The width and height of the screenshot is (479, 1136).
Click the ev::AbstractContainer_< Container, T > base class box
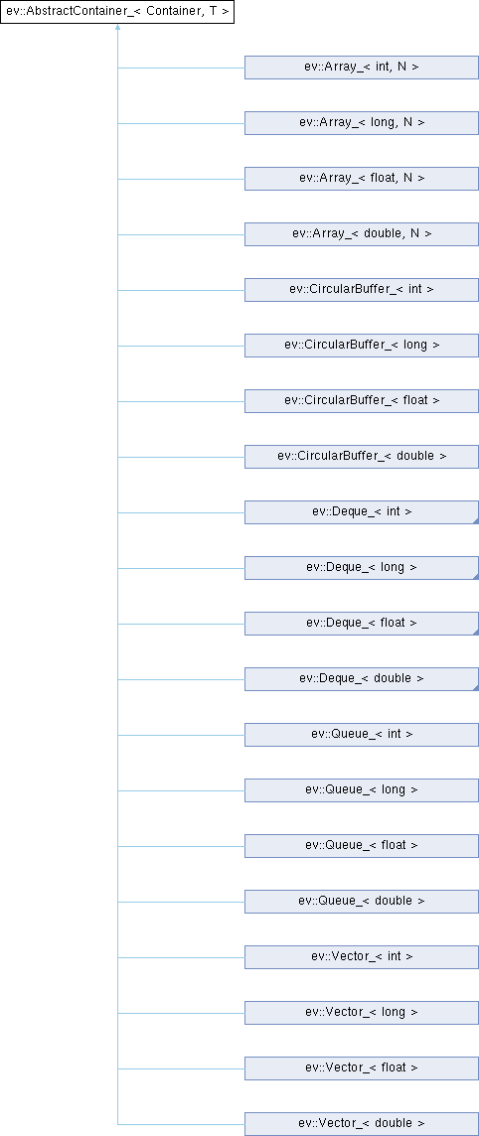tap(117, 12)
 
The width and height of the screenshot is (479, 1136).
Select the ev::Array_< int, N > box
tap(362, 68)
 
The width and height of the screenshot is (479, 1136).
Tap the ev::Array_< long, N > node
tap(362, 123)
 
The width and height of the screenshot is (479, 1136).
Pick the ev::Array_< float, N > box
tap(362, 179)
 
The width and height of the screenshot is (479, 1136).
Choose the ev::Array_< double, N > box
tap(362, 234)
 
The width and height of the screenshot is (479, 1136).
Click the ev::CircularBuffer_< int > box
tap(362, 290)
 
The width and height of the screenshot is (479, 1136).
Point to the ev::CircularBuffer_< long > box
tap(362, 346)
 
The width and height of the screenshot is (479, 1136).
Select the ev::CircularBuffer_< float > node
tap(362, 401)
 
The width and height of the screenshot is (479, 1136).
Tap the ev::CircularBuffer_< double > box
tap(362, 457)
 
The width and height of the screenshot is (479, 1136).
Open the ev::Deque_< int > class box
tap(362, 512)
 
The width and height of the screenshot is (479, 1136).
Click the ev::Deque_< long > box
tap(362, 568)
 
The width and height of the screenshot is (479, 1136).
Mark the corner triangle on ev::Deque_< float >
tap(475, 632)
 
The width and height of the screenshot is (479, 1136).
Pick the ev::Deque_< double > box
tap(362, 679)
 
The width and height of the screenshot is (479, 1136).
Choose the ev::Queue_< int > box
tap(362, 735)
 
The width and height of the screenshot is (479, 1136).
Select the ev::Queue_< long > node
tap(362, 790)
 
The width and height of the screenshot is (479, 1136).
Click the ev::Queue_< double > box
tap(362, 902)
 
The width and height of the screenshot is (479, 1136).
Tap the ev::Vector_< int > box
tap(362, 957)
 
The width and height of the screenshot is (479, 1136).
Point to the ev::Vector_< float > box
tap(362, 1068)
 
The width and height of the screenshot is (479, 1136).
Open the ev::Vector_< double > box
tap(362, 1124)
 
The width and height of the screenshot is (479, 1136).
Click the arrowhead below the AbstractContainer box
tap(117, 28)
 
